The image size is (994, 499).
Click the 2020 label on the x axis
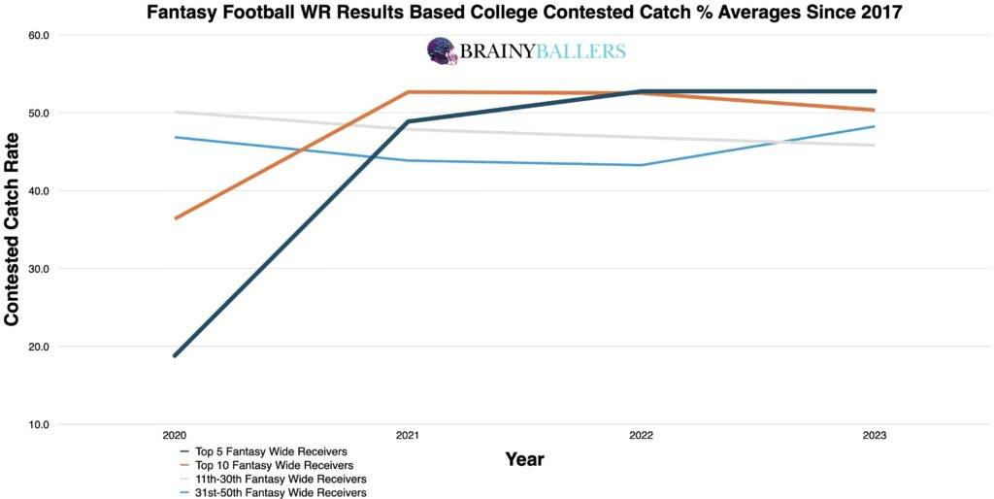coord(175,436)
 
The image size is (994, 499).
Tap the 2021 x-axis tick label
coord(408,436)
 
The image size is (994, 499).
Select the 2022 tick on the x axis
coord(641,436)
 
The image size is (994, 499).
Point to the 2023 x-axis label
coord(875,436)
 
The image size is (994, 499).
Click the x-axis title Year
coord(524,459)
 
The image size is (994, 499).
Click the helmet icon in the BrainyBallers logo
coord(443,51)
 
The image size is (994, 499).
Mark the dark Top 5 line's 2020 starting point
coord(175,355)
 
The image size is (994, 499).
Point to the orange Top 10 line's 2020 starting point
coord(175,218)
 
